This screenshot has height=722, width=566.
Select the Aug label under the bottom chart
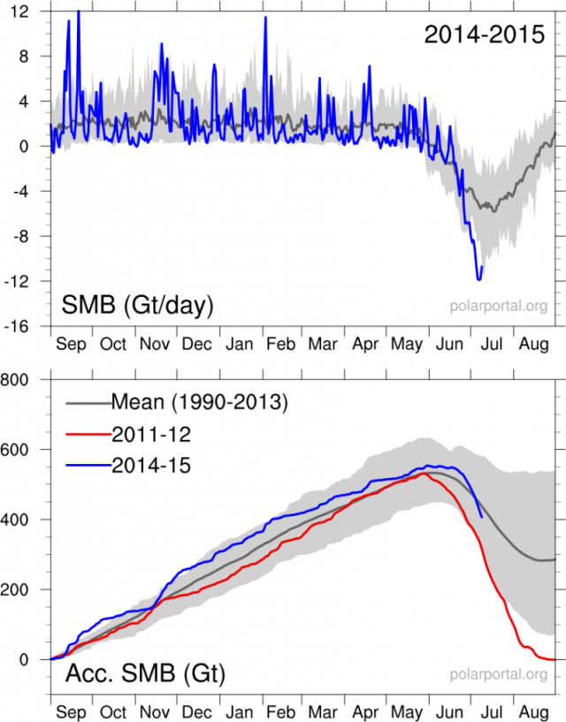click(533, 711)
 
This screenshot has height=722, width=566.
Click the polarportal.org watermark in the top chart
click(497, 308)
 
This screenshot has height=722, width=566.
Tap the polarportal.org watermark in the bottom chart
click(497, 677)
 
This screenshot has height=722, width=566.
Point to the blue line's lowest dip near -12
click(479, 279)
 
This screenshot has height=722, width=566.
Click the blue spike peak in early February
click(265, 18)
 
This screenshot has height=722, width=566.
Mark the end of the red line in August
click(555, 659)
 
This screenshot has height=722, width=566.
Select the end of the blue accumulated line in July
click(481, 517)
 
